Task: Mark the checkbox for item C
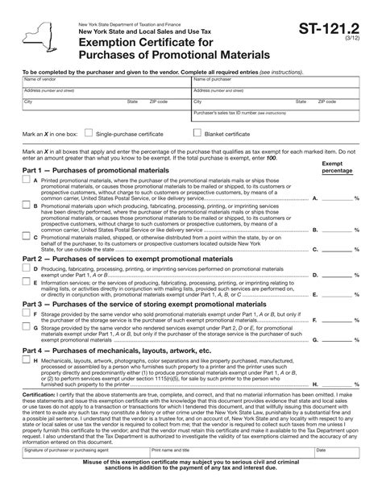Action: tap(26, 237)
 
